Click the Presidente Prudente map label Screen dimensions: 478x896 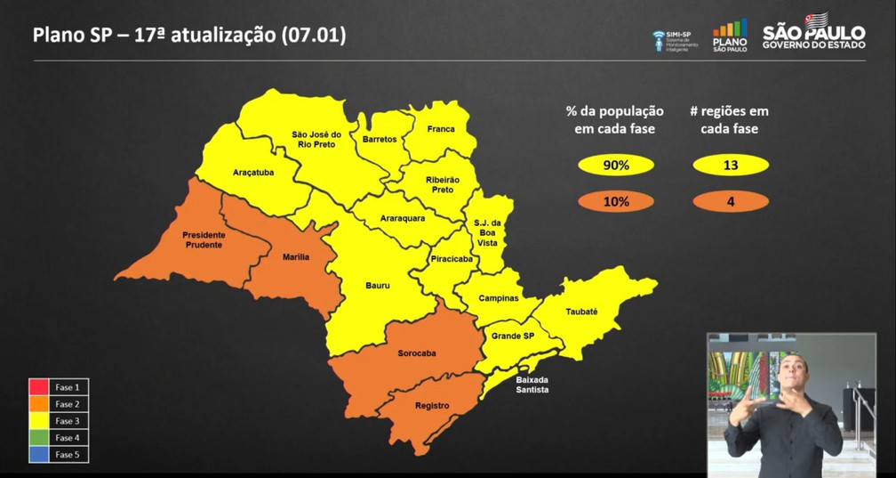pyautogui.click(x=204, y=239)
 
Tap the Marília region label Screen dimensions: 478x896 pyautogui.click(x=296, y=256)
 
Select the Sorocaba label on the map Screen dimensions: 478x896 pyautogui.click(x=416, y=352)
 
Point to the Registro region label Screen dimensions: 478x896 pyautogui.click(x=432, y=405)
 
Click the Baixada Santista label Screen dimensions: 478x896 pyautogui.click(x=532, y=385)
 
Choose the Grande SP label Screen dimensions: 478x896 pyautogui.click(x=513, y=336)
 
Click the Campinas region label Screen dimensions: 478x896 pyautogui.click(x=499, y=298)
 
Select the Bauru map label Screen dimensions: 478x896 pyautogui.click(x=378, y=286)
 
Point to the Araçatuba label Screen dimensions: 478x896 pyautogui.click(x=253, y=172)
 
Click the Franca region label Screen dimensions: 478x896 pyautogui.click(x=440, y=129)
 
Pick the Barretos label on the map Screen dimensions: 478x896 pyautogui.click(x=380, y=139)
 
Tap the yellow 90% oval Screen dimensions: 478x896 pyautogui.click(x=615, y=165)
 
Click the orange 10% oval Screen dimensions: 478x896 pyautogui.click(x=615, y=201)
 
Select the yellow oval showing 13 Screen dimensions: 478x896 pyautogui.click(x=730, y=165)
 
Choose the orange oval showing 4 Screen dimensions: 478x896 pyautogui.click(x=730, y=201)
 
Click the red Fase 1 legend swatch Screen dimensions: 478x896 pyautogui.click(x=39, y=387)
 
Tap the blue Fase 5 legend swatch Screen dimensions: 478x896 pyautogui.click(x=39, y=455)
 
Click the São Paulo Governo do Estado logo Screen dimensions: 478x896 pyautogui.click(x=813, y=33)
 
